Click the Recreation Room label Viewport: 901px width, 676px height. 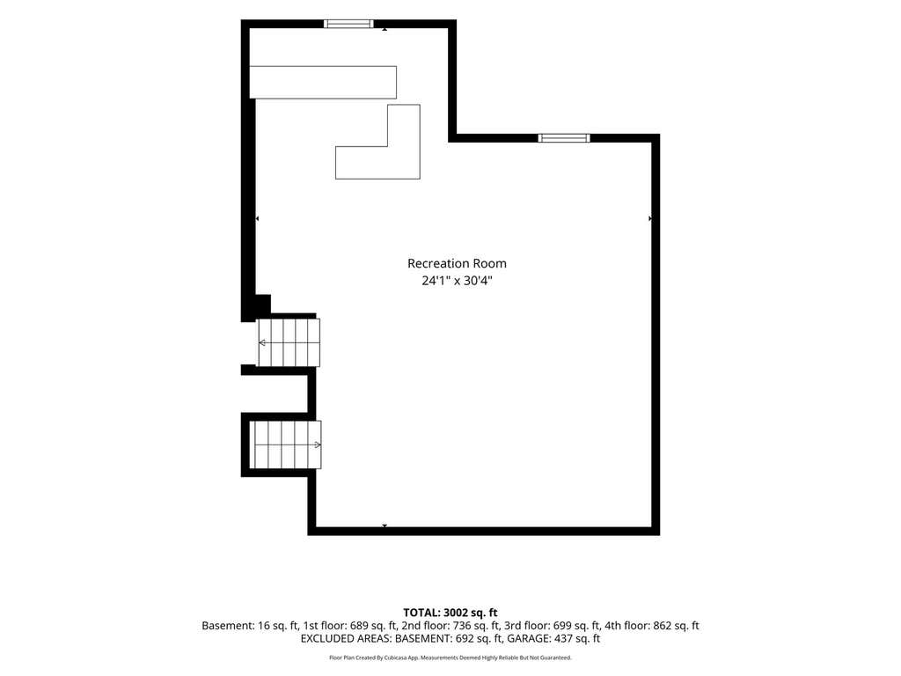pyautogui.click(x=457, y=263)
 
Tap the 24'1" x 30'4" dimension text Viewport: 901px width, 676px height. pyautogui.click(x=458, y=281)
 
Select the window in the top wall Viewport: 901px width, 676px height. pyautogui.click(x=348, y=24)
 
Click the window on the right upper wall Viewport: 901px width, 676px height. pyautogui.click(x=564, y=138)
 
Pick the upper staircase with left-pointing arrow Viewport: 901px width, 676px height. pyautogui.click(x=289, y=342)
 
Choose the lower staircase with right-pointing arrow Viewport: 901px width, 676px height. pyautogui.click(x=286, y=445)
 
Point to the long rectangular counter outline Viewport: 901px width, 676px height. pyautogui.click(x=323, y=82)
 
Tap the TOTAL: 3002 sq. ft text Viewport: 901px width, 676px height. pyautogui.click(x=450, y=613)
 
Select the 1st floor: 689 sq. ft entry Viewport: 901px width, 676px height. pyautogui.click(x=350, y=626)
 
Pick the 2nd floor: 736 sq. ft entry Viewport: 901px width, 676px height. pyautogui.click(x=451, y=626)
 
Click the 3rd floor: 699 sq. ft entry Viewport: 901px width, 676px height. pyautogui.click(x=553, y=626)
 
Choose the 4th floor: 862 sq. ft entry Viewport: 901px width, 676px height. pyautogui.click(x=652, y=626)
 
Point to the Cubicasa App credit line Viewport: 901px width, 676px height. pyautogui.click(x=450, y=658)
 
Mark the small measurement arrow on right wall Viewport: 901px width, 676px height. pyautogui.click(x=650, y=218)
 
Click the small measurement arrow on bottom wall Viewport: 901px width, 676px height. pyautogui.click(x=385, y=525)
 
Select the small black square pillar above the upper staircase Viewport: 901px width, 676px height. pyautogui.click(x=262, y=304)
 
